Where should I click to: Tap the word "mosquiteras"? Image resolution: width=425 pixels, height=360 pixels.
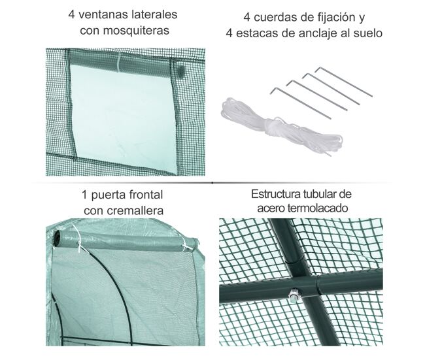(136, 30)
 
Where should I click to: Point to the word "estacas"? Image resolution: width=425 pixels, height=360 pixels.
(257, 33)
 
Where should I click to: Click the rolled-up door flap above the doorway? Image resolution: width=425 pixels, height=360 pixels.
(126, 240)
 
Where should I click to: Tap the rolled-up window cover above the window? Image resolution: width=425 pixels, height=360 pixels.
(121, 64)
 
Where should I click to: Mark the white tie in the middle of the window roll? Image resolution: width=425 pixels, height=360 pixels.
(119, 63)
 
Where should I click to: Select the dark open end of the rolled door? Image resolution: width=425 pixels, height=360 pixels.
(57, 238)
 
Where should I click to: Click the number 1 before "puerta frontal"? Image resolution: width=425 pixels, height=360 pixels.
(84, 195)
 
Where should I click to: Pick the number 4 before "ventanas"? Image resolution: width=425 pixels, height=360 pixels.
(71, 14)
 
